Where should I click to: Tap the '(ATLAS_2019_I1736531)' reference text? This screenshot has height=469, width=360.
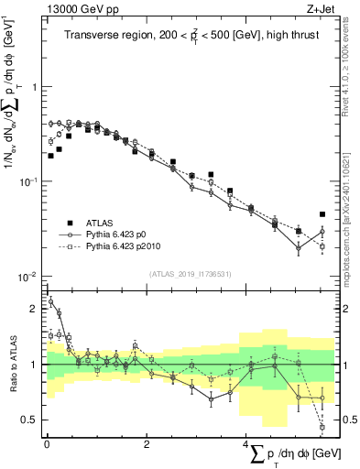(190, 274)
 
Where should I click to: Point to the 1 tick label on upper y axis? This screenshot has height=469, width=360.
(34, 87)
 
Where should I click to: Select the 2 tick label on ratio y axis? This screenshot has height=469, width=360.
(34, 309)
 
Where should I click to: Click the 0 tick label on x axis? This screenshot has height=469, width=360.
(47, 443)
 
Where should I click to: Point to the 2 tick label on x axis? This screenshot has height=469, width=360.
(147, 443)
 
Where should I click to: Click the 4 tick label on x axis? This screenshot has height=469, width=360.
(246, 443)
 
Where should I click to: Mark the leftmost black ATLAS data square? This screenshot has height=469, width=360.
(50, 156)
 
